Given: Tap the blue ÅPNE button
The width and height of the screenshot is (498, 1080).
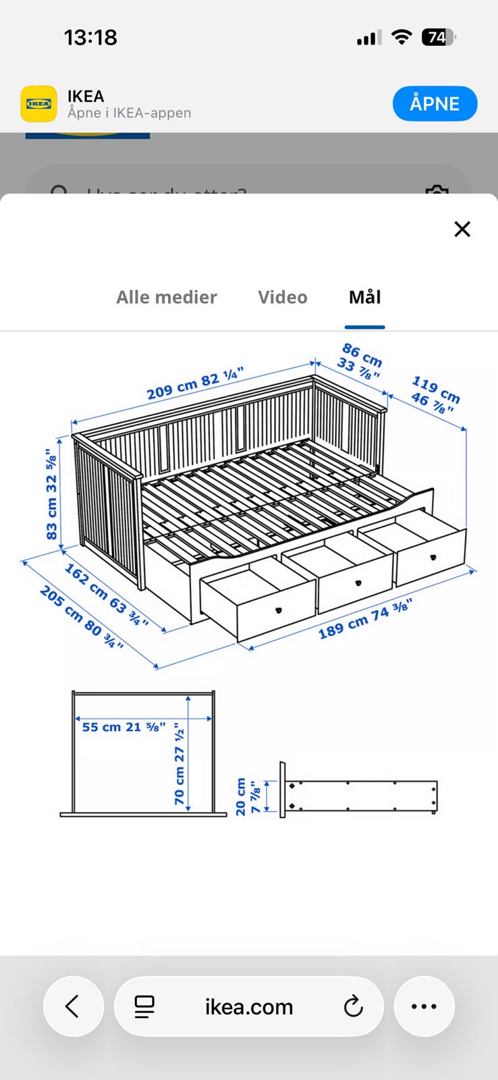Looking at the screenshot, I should pos(435,104).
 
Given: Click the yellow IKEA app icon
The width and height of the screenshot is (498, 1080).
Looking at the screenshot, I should pos(38,104).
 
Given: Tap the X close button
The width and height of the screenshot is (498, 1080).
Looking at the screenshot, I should pos(462,230).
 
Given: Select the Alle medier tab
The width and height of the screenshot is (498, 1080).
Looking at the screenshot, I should pos(166,297).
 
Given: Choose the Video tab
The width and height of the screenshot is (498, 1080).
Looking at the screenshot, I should pos(282,297).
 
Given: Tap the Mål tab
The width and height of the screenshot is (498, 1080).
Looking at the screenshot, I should pos(364,297).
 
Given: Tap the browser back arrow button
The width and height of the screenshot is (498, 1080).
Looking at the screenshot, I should pos(73,1006).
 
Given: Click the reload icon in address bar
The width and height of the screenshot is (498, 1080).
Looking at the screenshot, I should pos(353,1006).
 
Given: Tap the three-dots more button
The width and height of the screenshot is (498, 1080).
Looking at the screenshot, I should pos(424,1006).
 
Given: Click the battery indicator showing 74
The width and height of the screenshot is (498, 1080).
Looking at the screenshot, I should pos(438,38).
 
